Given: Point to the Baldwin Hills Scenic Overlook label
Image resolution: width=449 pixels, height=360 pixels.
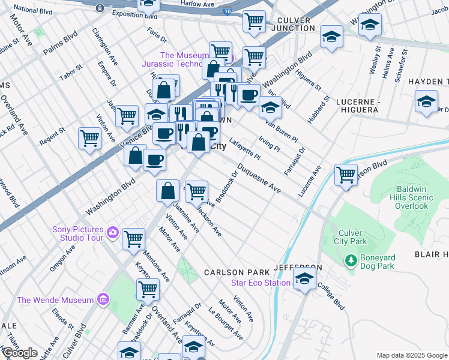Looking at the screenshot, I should click(x=412, y=197).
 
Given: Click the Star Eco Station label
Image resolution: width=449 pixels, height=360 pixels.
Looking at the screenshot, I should click(x=262, y=283).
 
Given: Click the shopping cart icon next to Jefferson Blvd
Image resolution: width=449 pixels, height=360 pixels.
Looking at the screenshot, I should click(x=346, y=175).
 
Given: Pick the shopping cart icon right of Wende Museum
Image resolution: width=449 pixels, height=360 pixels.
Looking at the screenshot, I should click(x=147, y=289).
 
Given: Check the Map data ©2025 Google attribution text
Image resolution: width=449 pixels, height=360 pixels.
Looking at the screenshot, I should click(x=411, y=355).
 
